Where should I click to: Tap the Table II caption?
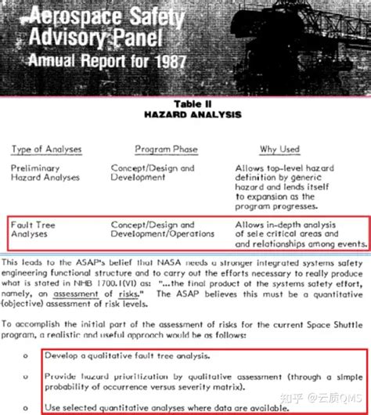(x=185, y=103)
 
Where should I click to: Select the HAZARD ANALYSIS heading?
(x=185, y=114)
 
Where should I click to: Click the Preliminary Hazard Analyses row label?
(x=45, y=172)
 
